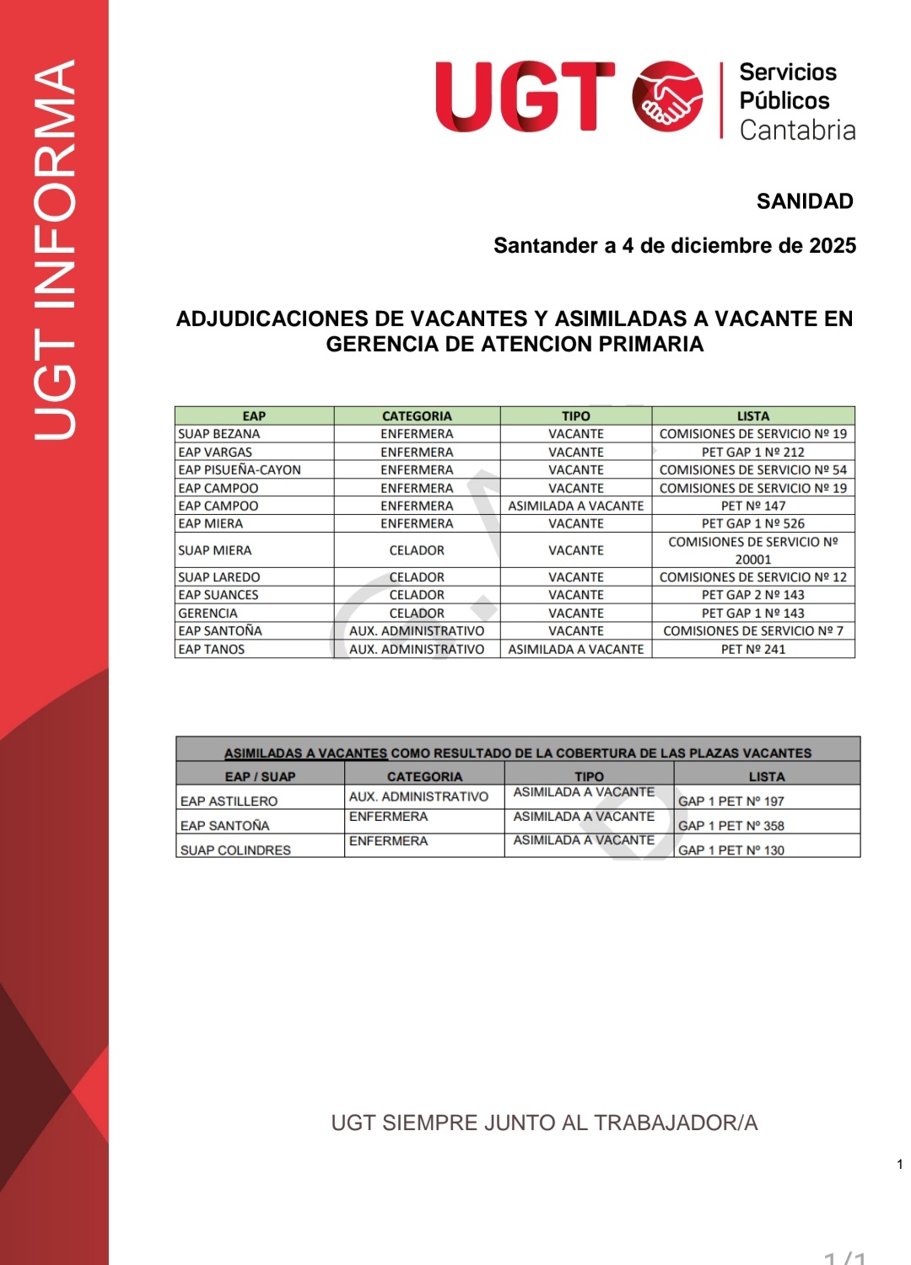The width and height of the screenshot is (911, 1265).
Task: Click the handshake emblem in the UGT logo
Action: (667, 96)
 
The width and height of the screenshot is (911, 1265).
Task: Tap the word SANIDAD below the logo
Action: (804, 201)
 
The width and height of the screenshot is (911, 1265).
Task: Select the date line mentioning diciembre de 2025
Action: (674, 245)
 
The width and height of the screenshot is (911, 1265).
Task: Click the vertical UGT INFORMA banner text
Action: (56, 249)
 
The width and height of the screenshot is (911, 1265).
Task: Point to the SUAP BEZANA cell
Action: (219, 434)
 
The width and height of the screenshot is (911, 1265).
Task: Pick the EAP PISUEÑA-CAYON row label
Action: (240, 470)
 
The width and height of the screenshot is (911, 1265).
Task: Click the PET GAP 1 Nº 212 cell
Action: (752, 453)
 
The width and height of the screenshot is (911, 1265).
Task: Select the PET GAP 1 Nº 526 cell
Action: (752, 523)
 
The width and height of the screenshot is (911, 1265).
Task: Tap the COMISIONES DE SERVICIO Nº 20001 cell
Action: (752, 550)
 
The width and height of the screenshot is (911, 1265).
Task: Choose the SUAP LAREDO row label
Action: (219, 577)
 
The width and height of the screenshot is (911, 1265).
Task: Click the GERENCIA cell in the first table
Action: (208, 614)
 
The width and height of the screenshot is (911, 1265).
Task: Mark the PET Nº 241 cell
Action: (752, 650)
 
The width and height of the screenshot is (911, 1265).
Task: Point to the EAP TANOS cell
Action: (212, 650)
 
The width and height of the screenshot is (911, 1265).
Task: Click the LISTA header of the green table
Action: (752, 416)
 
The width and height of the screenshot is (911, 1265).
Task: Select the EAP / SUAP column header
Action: (260, 776)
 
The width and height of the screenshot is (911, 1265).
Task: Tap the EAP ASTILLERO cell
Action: (229, 801)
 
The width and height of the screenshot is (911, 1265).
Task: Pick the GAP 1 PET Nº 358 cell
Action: (730, 826)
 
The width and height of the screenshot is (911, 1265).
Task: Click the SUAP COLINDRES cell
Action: (235, 850)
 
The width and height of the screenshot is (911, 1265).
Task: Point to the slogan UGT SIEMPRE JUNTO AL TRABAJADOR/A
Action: (544, 1123)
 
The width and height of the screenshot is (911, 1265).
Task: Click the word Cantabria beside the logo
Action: (797, 131)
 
